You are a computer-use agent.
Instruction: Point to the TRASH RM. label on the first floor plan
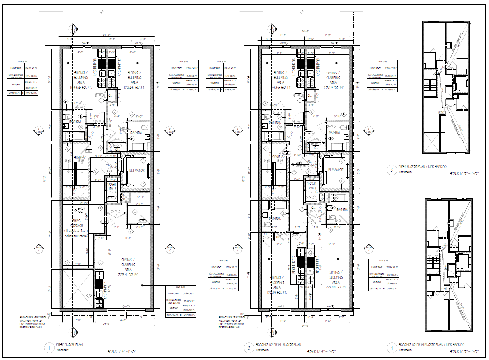112,187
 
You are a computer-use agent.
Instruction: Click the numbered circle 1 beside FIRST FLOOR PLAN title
50,348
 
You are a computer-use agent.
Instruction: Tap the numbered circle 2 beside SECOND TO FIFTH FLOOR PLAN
249,348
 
